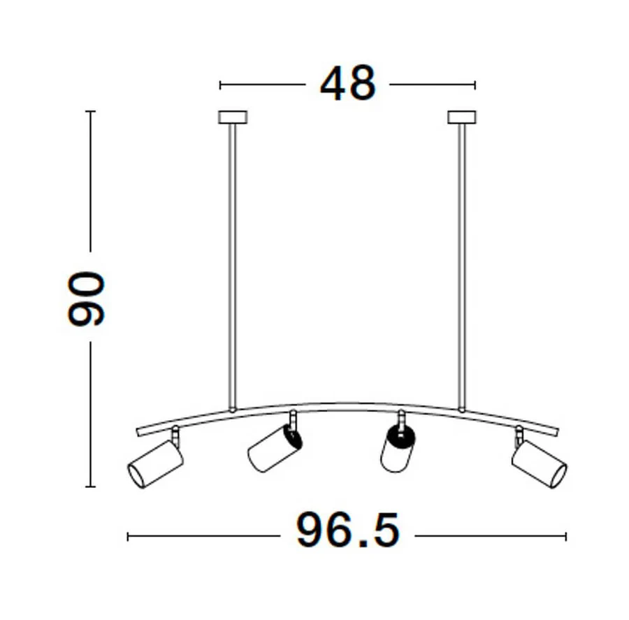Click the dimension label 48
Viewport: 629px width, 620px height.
coord(348,83)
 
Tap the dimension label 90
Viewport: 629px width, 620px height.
coord(86,298)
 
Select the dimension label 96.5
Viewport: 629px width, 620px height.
coord(348,530)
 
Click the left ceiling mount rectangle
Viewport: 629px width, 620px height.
coord(233,117)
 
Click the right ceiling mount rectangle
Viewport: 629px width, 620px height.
coord(462,117)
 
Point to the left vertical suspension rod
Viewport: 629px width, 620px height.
coord(232,267)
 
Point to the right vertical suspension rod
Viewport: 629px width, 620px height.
coord(462,267)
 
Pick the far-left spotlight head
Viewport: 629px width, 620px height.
coord(156,463)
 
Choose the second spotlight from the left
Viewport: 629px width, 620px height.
coord(275,448)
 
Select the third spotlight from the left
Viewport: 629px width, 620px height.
coord(397,449)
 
